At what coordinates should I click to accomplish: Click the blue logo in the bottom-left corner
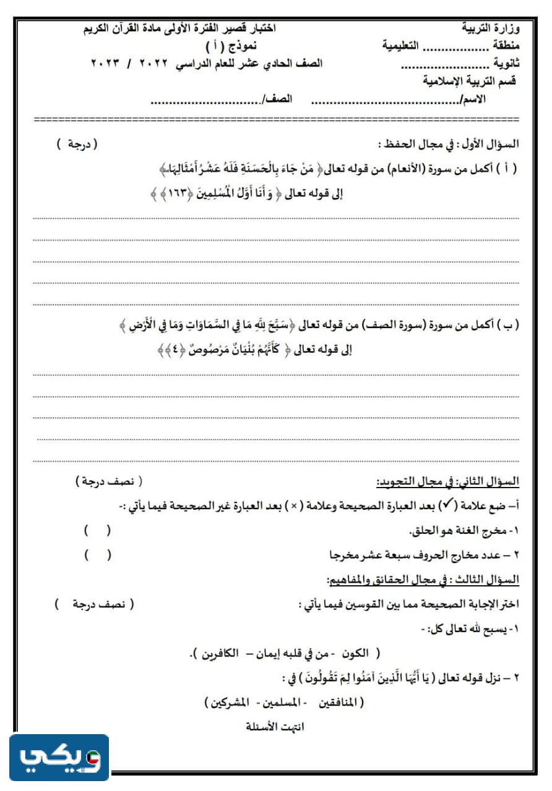(x=59, y=757)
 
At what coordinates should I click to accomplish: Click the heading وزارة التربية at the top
(x=492, y=28)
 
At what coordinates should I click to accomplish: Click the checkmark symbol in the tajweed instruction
(x=446, y=506)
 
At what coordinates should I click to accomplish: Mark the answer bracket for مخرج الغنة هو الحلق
(x=98, y=530)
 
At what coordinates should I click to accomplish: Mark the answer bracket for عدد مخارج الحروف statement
(x=98, y=555)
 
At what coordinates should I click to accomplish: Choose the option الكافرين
(x=212, y=653)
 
